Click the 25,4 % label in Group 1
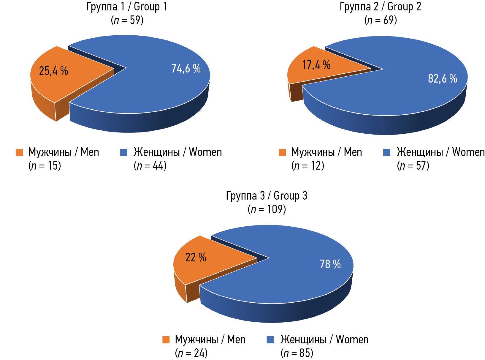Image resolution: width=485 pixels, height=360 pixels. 53,71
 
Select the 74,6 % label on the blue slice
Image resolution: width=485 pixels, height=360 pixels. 186,69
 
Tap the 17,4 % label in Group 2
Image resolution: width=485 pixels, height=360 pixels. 316,65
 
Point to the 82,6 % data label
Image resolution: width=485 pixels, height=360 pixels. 442,79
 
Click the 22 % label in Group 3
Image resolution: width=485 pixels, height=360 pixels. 196,257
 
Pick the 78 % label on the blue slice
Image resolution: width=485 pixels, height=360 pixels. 330,264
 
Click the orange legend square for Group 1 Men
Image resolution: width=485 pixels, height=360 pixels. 19,152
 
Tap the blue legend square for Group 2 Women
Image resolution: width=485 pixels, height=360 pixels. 386,152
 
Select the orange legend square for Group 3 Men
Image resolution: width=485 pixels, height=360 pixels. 166,340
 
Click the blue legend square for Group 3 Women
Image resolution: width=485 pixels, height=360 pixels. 270,340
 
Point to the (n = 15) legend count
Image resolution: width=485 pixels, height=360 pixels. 45,165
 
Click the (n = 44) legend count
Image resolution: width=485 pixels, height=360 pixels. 150,165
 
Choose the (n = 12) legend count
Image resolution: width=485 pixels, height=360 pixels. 308,165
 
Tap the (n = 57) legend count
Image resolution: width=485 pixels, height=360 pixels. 413,165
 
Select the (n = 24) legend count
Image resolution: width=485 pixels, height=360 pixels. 191,353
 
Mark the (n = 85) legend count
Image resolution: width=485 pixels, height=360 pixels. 297,353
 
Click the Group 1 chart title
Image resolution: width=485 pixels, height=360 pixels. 127,7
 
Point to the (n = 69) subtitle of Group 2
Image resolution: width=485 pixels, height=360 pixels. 381,20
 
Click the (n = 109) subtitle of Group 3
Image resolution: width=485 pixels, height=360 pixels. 267,209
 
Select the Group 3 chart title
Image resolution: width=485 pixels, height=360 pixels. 267,196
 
